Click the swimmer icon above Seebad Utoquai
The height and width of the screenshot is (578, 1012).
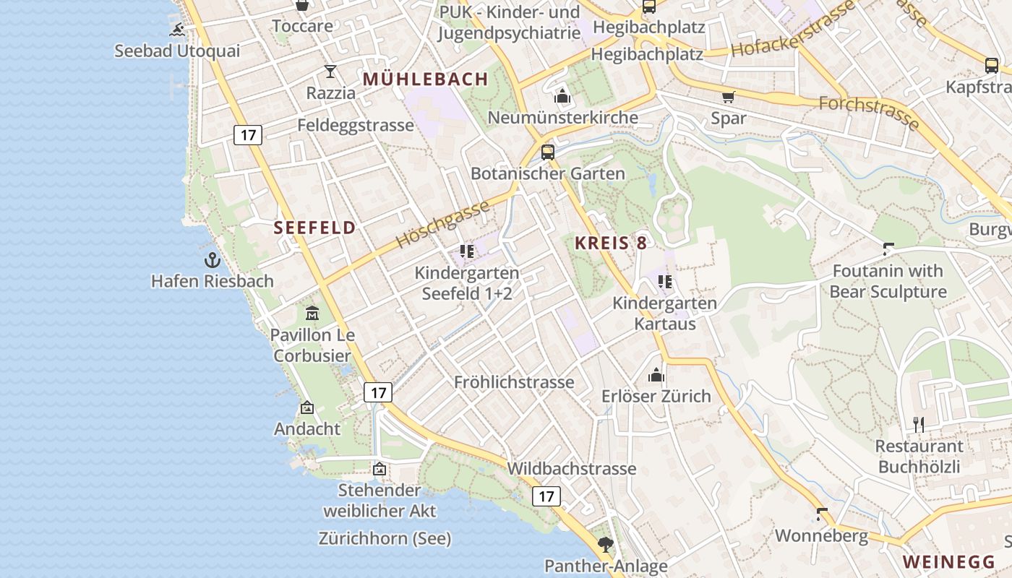click(178, 30)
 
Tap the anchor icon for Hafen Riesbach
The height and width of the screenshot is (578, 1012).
click(212, 260)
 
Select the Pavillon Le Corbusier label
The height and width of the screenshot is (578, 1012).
click(312, 345)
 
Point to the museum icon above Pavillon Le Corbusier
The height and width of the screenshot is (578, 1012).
click(312, 314)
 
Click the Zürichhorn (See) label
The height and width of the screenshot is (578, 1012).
click(385, 538)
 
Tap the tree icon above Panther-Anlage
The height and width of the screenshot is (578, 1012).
click(605, 544)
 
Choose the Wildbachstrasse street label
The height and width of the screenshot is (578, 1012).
click(571, 468)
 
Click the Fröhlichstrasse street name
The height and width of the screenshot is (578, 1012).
click(514, 382)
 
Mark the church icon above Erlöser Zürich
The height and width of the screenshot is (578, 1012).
click(656, 375)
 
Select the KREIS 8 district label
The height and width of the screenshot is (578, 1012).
click(611, 243)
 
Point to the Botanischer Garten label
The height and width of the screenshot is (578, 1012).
click(547, 173)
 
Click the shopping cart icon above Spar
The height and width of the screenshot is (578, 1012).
click(728, 97)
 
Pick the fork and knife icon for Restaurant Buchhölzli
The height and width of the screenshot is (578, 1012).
click(919, 424)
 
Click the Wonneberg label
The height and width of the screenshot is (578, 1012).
click(821, 536)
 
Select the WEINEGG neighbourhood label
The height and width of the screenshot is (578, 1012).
click(949, 561)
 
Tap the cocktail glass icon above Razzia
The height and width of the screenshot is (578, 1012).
click(330, 71)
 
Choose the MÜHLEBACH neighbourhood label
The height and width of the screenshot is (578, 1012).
click(426, 79)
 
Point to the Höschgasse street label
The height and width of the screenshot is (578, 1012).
click(443, 225)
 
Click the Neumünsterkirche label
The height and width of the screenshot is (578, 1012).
click(562, 117)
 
